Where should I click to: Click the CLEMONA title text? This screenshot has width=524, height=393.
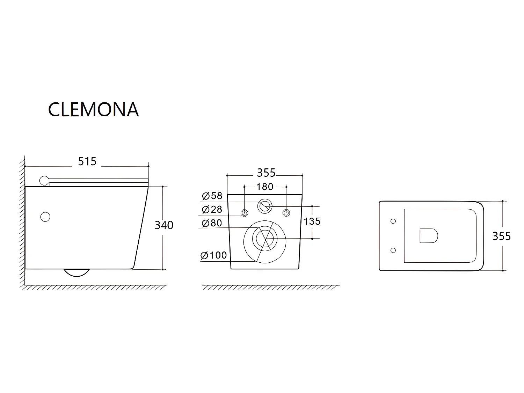click(x=93, y=109)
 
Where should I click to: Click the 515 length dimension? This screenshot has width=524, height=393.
click(x=87, y=161)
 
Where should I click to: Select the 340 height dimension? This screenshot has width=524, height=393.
click(x=164, y=225)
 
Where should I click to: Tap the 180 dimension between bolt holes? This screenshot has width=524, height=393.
click(x=265, y=187)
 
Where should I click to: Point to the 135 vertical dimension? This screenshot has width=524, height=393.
click(x=312, y=221)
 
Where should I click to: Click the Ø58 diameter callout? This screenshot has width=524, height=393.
click(x=212, y=196)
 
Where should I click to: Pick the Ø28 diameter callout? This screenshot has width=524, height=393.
click(x=212, y=210)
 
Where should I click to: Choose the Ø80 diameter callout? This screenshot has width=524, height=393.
click(x=212, y=223)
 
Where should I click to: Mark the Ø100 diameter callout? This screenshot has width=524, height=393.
click(x=214, y=256)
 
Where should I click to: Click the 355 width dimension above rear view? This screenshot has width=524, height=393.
click(x=266, y=173)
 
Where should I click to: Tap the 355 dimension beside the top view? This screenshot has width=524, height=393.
click(x=501, y=236)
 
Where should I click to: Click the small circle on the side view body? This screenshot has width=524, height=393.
click(x=45, y=217)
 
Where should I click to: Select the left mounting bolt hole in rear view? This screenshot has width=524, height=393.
click(x=244, y=213)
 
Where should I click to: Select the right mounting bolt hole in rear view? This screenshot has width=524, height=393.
click(x=286, y=213)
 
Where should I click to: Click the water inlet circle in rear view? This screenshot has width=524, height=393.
click(x=265, y=206)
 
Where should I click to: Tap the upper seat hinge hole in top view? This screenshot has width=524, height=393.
click(x=393, y=221)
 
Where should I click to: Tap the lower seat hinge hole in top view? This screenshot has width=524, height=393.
click(x=393, y=250)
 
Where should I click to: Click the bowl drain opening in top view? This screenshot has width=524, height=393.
click(x=428, y=236)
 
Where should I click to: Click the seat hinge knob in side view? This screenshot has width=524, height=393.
click(x=44, y=181)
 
